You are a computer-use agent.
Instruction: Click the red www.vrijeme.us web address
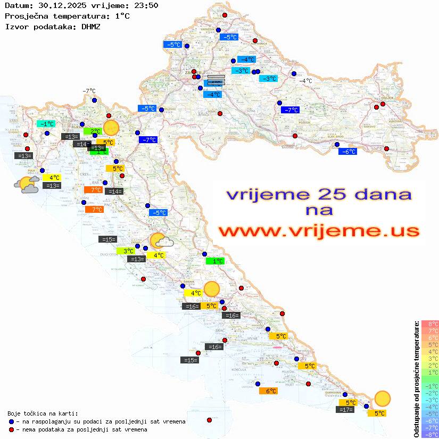pyautogui.click(x=319, y=231)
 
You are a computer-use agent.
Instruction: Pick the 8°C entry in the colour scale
pyautogui.click(x=430, y=324)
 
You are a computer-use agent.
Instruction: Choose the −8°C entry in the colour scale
pyautogui.click(x=430, y=434)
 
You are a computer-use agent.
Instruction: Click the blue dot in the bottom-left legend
pyautogui.click(x=12, y=421)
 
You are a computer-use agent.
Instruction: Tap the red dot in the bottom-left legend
pyautogui.click(x=12, y=429)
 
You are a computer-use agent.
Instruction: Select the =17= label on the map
pyautogui.click(x=345, y=410)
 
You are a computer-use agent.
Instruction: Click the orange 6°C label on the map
pyautogui.click(x=270, y=391)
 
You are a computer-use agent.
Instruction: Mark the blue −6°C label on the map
pyautogui.click(x=347, y=152)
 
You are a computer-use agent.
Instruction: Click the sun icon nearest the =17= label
pyautogui.click(x=382, y=398)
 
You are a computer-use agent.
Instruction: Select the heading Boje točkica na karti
pyautogui.click(x=43, y=413)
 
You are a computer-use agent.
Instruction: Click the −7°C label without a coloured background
pyautogui.click(x=88, y=91)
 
